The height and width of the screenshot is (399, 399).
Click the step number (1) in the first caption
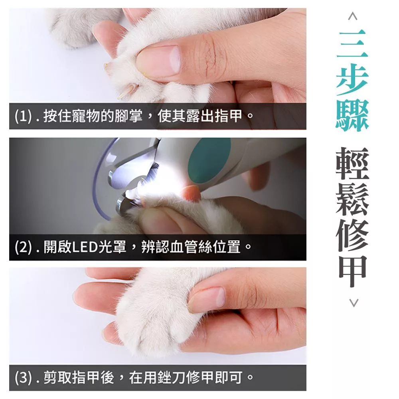(23, 116)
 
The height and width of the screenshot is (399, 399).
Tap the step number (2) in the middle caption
(23, 247)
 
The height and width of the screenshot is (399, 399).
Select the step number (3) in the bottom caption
(23, 377)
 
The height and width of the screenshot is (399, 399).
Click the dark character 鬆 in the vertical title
(352, 200)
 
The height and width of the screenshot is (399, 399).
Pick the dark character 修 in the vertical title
(352, 235)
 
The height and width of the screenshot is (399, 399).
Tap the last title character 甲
(352, 271)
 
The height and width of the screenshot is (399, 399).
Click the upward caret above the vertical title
(353, 16)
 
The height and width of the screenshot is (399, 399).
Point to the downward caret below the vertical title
(354, 303)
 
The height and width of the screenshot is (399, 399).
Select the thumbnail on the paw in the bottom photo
(218, 297)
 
